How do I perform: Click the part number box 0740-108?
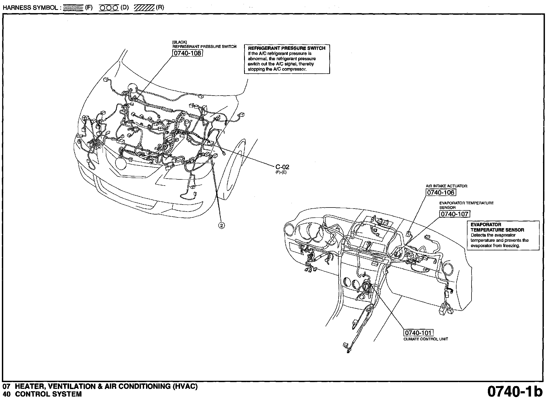click(x=187, y=53)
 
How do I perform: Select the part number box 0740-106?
click(x=440, y=192)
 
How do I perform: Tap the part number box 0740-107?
click(x=455, y=214)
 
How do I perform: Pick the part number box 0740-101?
click(x=418, y=333)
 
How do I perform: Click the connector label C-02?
click(x=282, y=167)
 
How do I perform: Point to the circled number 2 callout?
click(x=222, y=225)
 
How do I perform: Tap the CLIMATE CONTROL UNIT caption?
click(x=426, y=339)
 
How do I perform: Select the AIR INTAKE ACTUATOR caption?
click(x=446, y=186)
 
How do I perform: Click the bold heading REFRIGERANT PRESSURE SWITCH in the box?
click(x=287, y=48)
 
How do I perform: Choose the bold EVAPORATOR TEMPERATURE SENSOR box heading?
click(x=497, y=227)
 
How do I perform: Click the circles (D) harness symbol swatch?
click(x=109, y=7)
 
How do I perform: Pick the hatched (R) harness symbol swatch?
click(x=144, y=7)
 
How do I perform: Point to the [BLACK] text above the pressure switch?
click(x=179, y=42)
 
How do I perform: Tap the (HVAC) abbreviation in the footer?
click(x=185, y=386)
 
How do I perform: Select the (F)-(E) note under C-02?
click(x=281, y=172)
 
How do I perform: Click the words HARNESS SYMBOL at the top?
click(x=30, y=7)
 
